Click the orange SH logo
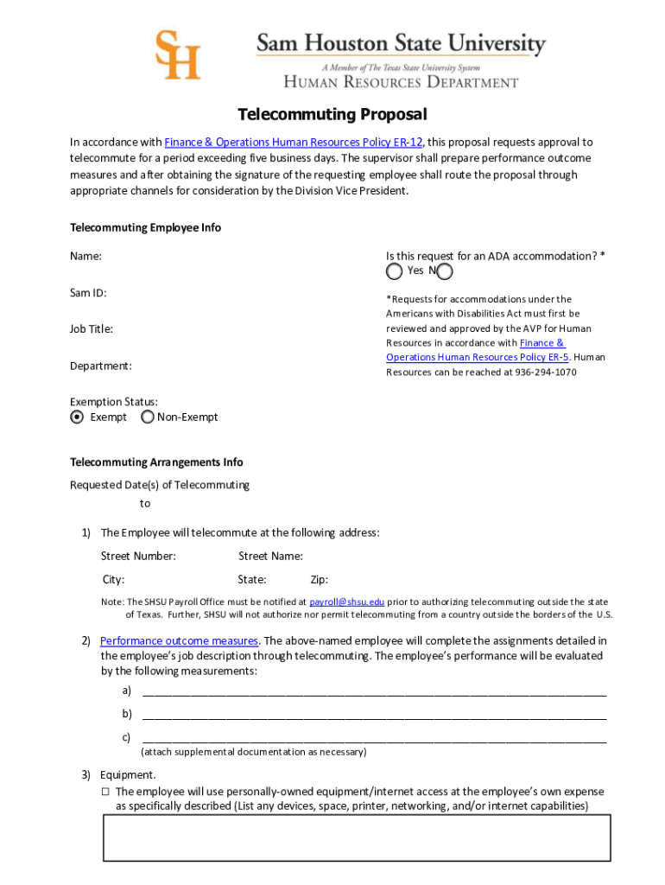177,54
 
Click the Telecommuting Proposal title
332,115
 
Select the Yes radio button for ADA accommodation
394,272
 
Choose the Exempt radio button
78,417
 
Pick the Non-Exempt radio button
148,417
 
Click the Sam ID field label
87,293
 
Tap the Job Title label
92,329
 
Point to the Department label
101,366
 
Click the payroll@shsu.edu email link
346,602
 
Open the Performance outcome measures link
179,640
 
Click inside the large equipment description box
357,837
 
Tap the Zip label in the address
319,580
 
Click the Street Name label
270,556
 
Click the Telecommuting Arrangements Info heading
156,462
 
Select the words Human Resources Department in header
402,83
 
